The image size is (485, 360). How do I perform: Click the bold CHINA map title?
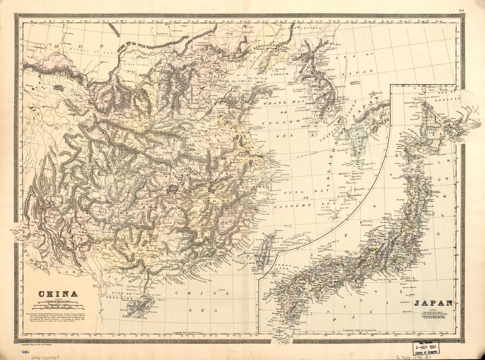click(x=58, y=294)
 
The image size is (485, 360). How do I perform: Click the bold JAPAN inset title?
click(x=433, y=303)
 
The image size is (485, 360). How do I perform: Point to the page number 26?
click(x=461, y=11)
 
